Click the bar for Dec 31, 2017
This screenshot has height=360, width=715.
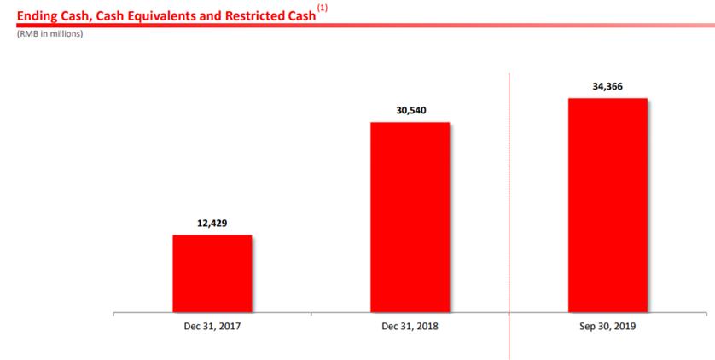point(212,274)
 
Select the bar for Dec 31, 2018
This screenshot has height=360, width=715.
point(410,218)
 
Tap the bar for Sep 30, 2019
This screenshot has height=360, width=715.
point(607,206)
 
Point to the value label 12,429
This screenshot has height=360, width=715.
point(212,224)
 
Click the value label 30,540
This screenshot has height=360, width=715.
point(410,110)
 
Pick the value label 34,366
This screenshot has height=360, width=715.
point(607,86)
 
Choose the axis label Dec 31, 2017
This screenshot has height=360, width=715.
point(212,326)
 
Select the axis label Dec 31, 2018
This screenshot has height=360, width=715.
point(410,326)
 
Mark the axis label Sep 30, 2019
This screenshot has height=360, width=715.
point(607,326)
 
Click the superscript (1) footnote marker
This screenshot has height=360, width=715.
point(323,8)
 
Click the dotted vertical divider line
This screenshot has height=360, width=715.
point(509,213)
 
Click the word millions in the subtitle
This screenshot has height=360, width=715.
point(64,34)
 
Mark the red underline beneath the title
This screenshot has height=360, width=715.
point(358,25)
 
